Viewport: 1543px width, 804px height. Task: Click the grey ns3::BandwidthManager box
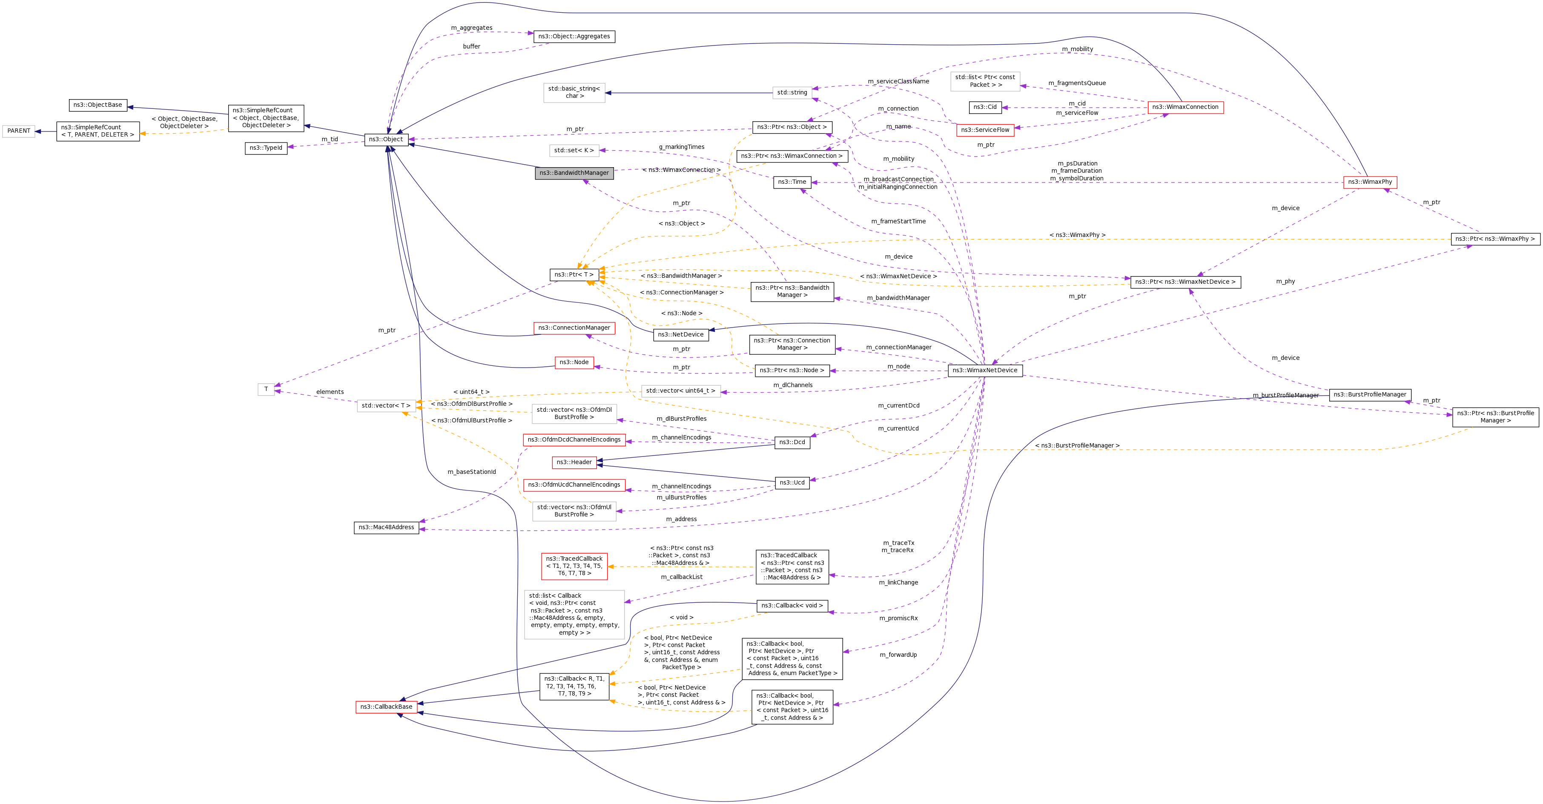(574, 173)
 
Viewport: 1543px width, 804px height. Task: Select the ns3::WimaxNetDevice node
(985, 371)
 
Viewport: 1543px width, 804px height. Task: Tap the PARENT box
(19, 131)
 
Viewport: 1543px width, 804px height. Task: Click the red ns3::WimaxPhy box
(1370, 182)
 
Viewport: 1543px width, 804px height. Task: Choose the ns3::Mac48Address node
(386, 527)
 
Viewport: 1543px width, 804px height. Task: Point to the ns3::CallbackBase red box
(386, 707)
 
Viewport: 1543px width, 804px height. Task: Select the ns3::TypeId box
(266, 148)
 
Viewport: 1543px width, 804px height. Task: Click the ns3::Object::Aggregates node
(574, 37)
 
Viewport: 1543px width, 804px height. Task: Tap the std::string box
(792, 93)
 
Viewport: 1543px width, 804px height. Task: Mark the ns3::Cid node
(985, 108)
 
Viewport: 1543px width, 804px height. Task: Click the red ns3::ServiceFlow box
(985, 130)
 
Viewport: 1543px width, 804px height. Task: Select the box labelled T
(266, 389)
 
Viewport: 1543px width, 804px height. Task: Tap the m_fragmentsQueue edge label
(1077, 83)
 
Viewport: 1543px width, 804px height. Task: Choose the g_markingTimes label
(682, 147)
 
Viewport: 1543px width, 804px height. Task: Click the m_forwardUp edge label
(898, 655)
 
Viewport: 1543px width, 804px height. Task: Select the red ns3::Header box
(574, 462)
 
